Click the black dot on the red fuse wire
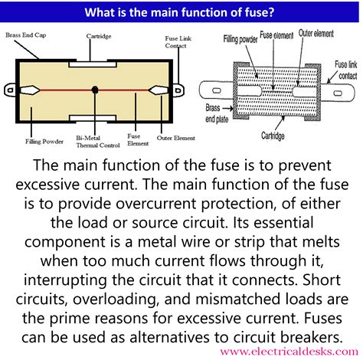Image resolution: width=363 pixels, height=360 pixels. point(94,90)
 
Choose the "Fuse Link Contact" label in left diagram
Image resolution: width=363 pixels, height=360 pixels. point(176,42)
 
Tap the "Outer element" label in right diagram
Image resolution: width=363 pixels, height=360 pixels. point(316,35)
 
